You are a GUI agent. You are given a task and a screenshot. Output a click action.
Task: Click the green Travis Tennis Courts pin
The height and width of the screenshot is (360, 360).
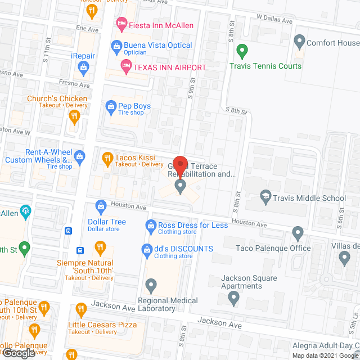[242, 51]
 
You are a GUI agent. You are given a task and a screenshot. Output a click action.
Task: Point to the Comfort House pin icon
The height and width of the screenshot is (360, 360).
[300, 41]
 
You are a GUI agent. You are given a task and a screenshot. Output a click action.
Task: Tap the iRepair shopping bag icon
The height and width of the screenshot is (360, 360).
[83, 69]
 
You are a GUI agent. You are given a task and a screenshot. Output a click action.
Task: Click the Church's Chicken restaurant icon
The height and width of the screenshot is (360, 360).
[74, 116]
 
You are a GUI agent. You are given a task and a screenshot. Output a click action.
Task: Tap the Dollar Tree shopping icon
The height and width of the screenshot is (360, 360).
[101, 207]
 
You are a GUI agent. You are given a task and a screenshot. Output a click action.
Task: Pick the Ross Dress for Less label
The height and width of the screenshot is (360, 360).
[193, 225]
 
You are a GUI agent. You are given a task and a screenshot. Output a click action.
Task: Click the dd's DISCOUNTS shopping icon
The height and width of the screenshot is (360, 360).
[147, 249]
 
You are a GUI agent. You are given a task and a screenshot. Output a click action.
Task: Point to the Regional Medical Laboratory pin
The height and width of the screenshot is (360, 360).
[151, 286]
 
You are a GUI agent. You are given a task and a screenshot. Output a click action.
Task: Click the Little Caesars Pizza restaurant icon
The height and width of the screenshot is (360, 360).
[81, 309]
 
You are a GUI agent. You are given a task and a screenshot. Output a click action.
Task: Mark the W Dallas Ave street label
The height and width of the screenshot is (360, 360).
[275, 21]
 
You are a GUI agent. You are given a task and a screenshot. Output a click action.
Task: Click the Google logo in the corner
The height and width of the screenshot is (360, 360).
[18, 353]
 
